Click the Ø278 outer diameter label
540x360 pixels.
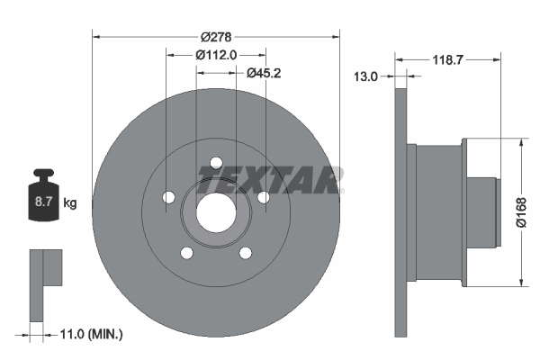point(216,37)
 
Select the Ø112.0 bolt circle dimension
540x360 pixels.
point(216,55)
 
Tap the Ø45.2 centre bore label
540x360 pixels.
point(264,73)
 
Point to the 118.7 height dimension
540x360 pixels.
point(447,60)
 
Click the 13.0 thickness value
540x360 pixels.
point(365,76)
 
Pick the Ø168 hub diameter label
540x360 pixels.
point(521,212)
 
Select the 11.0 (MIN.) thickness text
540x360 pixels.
point(91,334)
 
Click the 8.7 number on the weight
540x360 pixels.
point(44,202)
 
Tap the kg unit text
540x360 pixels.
point(70,202)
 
